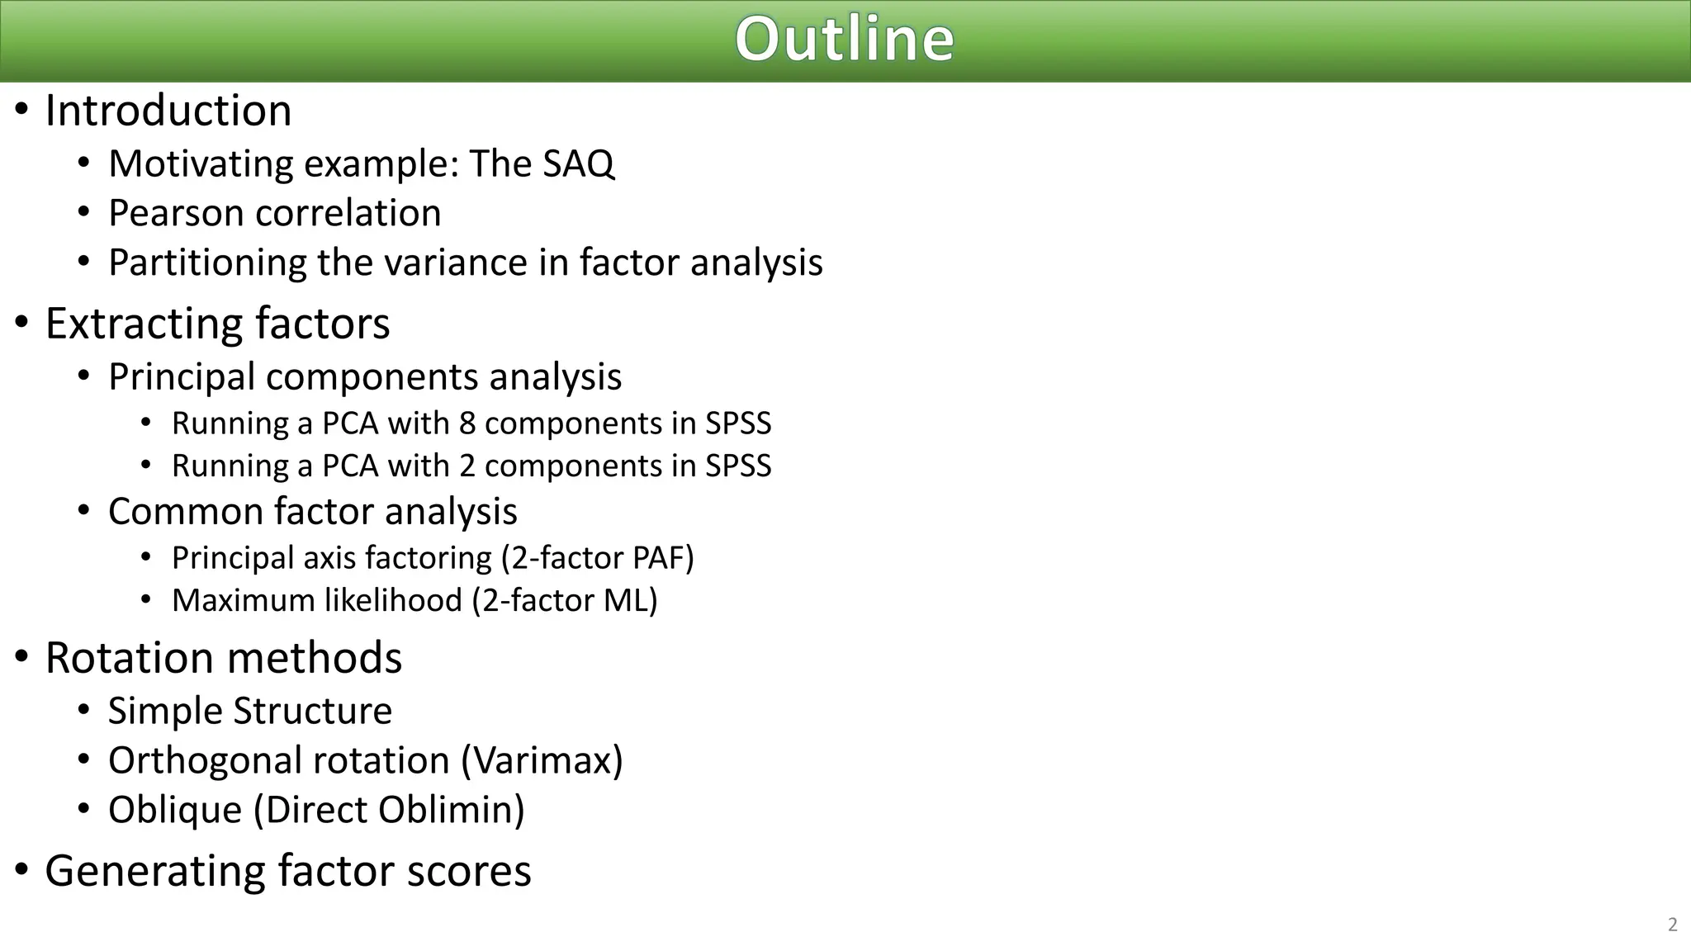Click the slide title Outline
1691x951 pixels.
click(845, 40)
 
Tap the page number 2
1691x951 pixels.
click(1672, 925)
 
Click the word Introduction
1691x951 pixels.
click(168, 111)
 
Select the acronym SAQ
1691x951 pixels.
click(578, 163)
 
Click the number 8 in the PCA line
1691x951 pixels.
click(467, 423)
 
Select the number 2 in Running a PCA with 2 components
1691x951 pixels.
click(467, 466)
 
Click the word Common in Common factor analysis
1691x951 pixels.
click(185, 512)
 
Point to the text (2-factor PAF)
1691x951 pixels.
click(598, 558)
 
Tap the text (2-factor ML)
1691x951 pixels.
click(565, 601)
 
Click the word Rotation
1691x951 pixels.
click(129, 658)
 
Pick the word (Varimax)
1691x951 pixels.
click(542, 760)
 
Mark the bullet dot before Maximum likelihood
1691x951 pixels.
click(146, 600)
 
